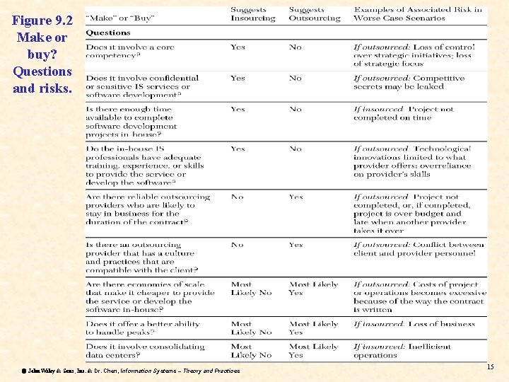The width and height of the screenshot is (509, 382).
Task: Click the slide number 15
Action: coord(491,366)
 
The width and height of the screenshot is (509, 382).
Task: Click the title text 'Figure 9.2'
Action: coord(42,21)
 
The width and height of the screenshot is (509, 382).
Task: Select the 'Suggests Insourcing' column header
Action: coord(252,14)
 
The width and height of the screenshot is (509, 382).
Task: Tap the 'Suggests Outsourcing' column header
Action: coord(314,14)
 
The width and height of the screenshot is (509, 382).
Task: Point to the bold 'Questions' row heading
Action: coord(108,33)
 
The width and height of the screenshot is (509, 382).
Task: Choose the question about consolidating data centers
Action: coord(145,351)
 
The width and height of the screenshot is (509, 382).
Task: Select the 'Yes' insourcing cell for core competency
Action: coord(238,47)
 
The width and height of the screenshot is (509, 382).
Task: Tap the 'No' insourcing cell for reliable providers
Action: coord(238,197)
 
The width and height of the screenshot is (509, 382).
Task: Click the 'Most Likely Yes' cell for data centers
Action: coord(313,351)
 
